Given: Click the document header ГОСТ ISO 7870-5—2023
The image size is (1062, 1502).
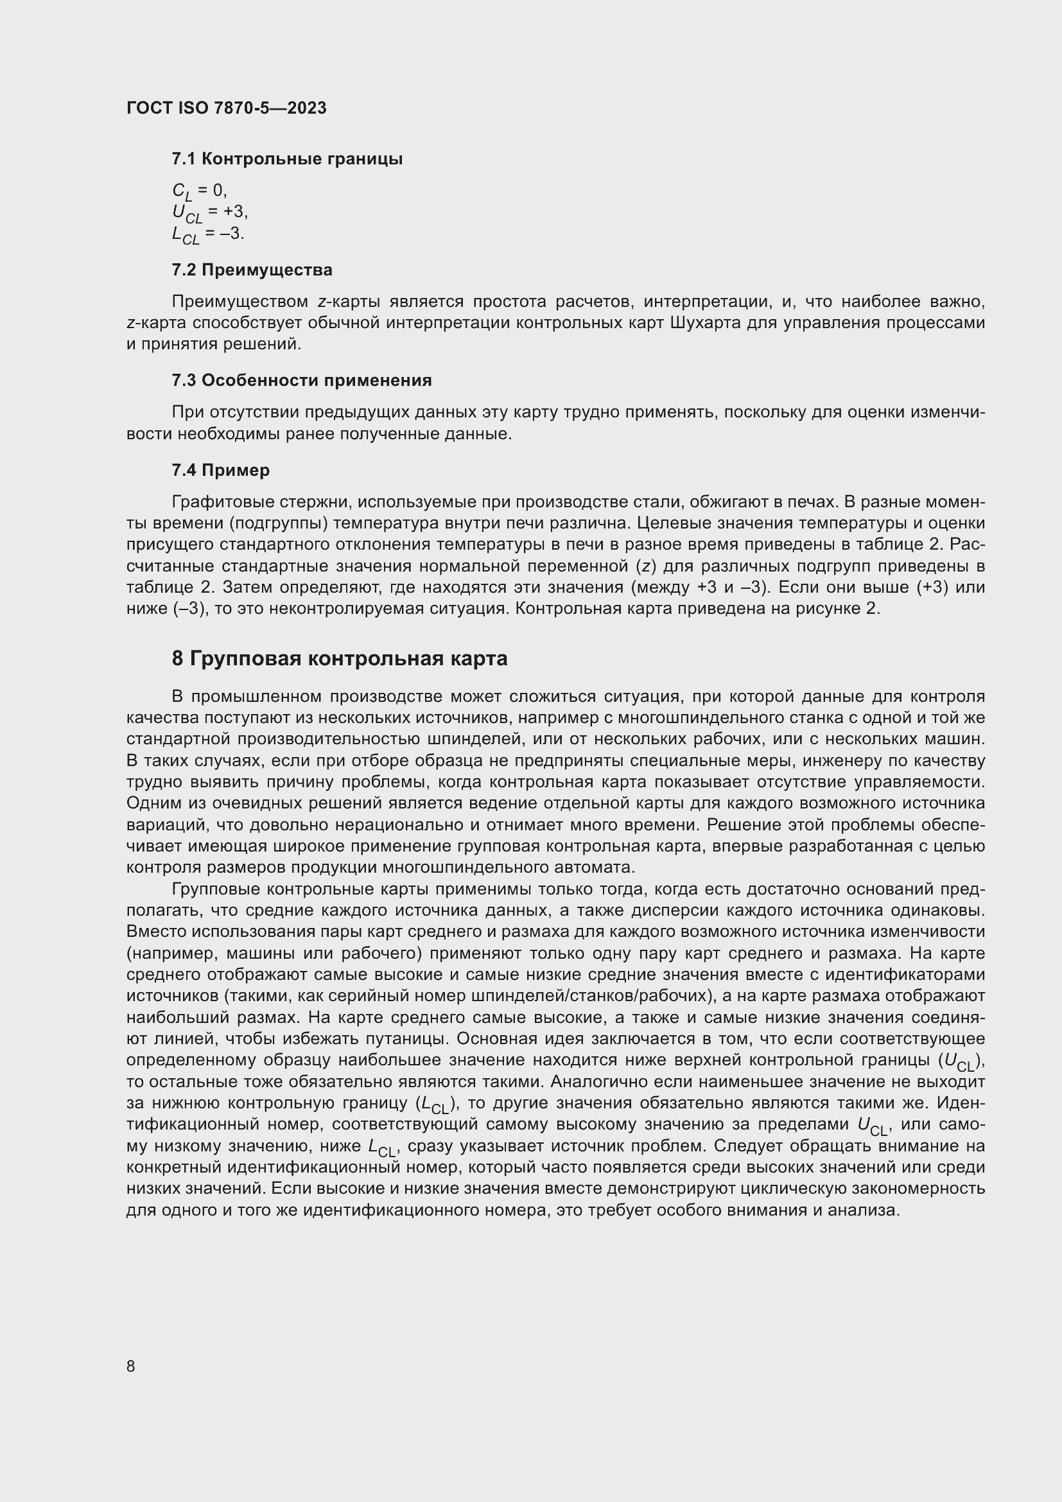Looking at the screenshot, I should [226, 108].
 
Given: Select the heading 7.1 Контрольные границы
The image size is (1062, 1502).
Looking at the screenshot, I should [286, 159].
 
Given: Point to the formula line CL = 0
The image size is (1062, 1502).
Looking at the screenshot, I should [199, 191].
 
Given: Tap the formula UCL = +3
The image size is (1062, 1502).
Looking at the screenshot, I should [209, 213].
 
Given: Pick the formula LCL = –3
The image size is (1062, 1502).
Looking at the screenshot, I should [207, 234].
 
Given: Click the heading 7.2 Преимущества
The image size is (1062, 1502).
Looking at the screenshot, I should [252, 270].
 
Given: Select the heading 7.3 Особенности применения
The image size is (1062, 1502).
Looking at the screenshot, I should [302, 380].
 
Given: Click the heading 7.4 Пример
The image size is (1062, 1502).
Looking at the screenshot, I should [220, 469].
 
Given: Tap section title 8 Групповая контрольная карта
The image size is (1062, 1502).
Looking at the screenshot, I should [340, 658].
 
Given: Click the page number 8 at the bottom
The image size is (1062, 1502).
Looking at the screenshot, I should [131, 1366].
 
